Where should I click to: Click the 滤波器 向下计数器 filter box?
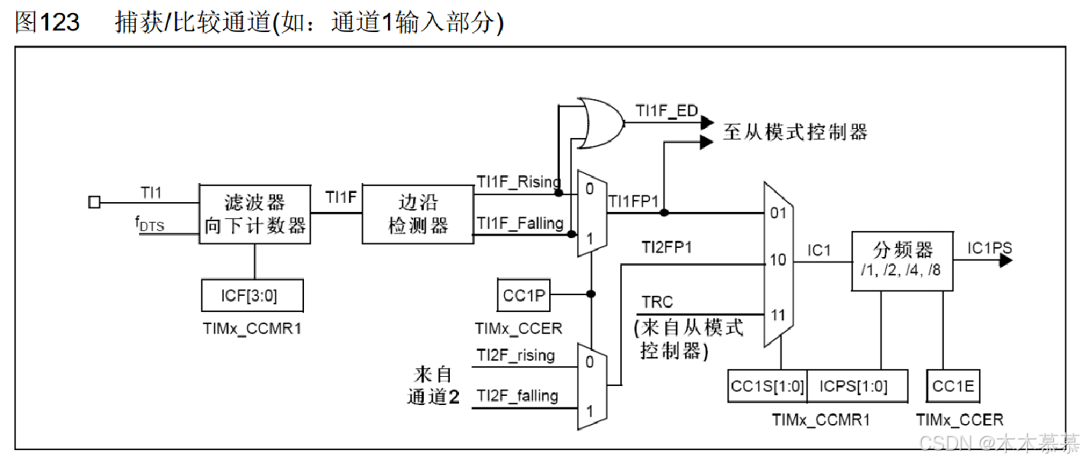[254, 214]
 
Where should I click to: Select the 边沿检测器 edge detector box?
[418, 214]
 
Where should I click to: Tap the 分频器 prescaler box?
[902, 260]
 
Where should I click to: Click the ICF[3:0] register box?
[252, 295]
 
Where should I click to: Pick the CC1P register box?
[524, 295]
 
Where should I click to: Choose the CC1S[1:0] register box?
[767, 387]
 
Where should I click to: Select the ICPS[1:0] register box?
[857, 387]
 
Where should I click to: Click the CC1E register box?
[953, 387]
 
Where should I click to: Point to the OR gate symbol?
[600, 123]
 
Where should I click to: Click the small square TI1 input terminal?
[94, 202]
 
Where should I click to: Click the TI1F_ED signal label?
[667, 111]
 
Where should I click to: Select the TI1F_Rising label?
[519, 182]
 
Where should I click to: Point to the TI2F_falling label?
[517, 395]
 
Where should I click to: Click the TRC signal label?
[657, 303]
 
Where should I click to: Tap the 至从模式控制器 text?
[795, 132]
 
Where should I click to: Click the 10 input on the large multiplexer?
[777, 261]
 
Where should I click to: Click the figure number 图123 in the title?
[47, 22]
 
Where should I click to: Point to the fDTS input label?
[150, 225]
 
